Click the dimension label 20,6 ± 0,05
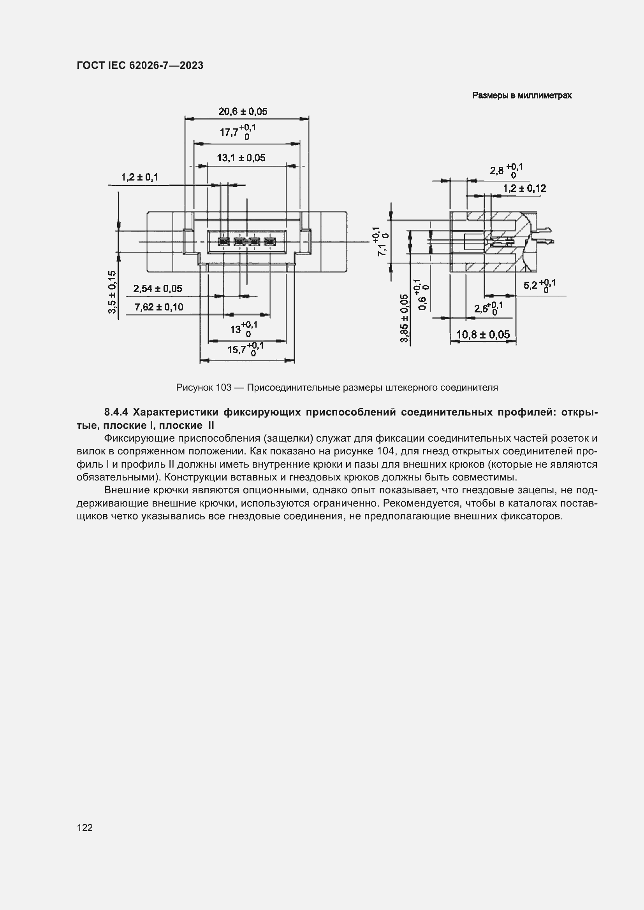click(243, 111)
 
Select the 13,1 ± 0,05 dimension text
click(241, 158)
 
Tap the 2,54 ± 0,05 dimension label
click(157, 289)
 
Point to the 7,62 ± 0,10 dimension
click(158, 307)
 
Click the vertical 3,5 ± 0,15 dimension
click(113, 292)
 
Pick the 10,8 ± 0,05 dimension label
click(482, 335)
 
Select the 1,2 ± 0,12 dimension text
click(524, 188)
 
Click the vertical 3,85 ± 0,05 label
click(404, 318)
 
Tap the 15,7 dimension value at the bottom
click(237, 350)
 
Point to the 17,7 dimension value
click(229, 132)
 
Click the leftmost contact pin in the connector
click(223, 241)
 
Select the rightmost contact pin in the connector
click(270, 241)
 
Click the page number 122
click(85, 828)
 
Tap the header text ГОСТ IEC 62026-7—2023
click(140, 65)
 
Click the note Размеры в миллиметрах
click(522, 96)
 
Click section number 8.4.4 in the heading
click(116, 412)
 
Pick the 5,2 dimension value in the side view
click(530, 285)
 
